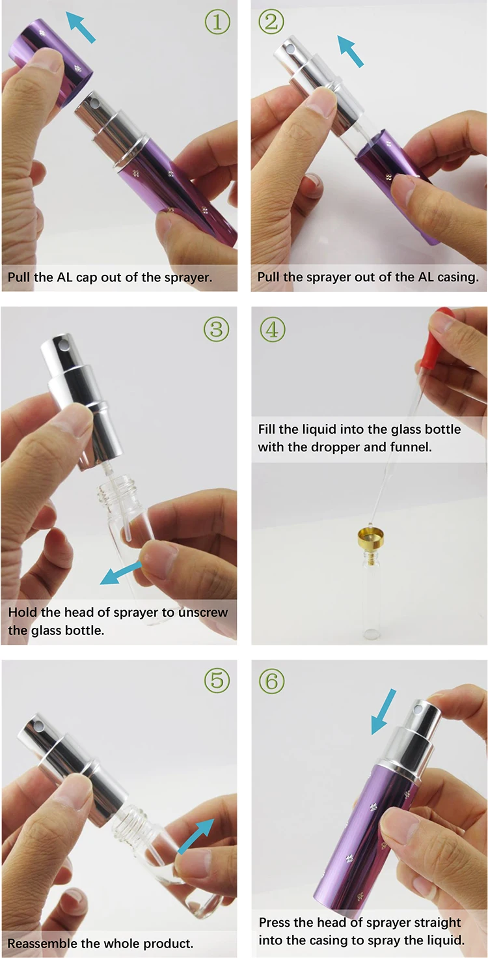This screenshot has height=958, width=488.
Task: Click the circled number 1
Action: pos(217,21)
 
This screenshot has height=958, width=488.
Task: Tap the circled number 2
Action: pos(271,21)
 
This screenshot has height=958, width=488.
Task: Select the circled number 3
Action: pos(216,329)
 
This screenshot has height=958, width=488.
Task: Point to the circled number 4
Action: pos(273,330)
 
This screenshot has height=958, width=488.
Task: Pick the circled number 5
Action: pos(217,680)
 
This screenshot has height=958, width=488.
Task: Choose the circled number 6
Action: pos(272,680)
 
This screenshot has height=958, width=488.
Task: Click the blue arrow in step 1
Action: pos(80,27)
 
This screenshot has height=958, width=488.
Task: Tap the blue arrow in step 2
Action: pos(351,51)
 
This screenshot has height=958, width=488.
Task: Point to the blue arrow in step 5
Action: pos(196,836)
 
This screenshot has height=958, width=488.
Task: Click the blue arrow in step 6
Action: pos(383,711)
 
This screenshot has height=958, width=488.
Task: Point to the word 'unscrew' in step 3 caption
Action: pos(202,612)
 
